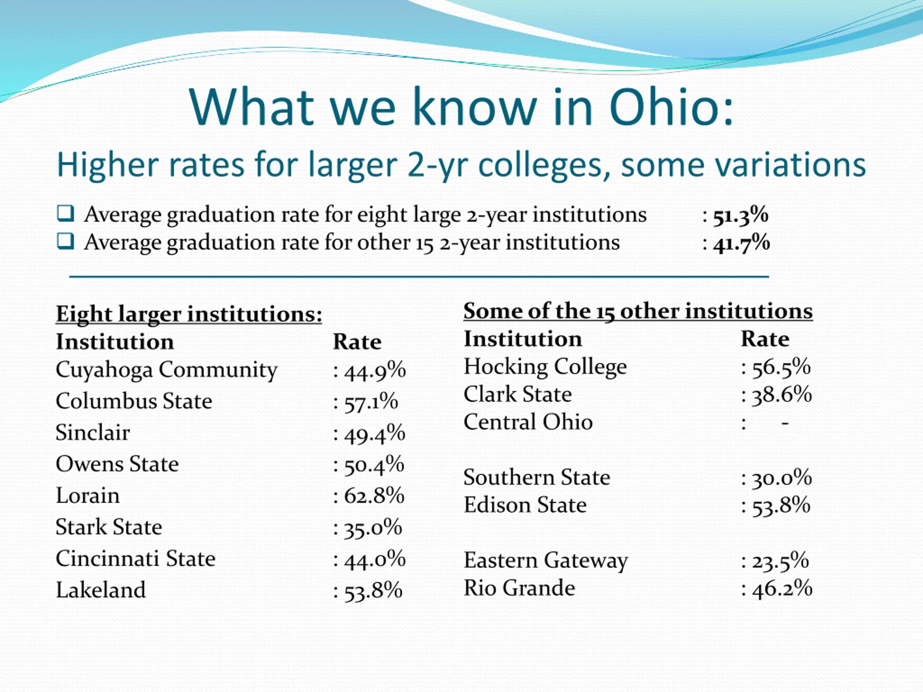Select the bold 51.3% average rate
[x=740, y=216]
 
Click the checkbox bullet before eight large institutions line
[x=66, y=214]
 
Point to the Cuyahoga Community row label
[x=166, y=370]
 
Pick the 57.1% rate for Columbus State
[x=371, y=402]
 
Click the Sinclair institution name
[x=93, y=432]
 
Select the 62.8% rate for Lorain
[x=374, y=496]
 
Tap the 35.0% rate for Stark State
[x=372, y=528]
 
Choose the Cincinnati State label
[x=136, y=559]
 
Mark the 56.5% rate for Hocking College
[x=781, y=368]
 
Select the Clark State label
[x=517, y=395]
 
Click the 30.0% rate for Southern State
[x=782, y=478]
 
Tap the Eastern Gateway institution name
[x=546, y=560]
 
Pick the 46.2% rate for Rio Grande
[x=782, y=589]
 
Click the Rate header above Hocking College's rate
[x=765, y=339]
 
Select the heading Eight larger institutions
[x=189, y=314]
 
